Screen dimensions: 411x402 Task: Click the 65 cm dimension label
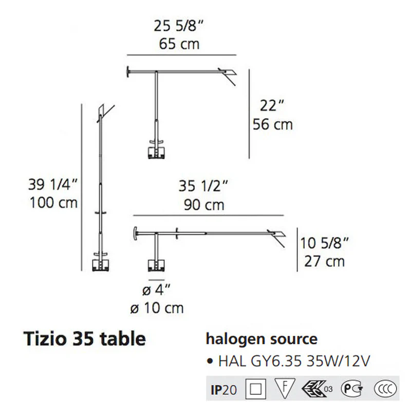click(179, 44)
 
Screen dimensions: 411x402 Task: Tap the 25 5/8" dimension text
click(178, 26)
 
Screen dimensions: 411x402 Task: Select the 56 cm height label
click(273, 124)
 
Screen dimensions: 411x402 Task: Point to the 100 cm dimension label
click(54, 203)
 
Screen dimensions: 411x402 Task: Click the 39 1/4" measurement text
click(53, 185)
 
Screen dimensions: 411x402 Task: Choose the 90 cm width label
click(204, 205)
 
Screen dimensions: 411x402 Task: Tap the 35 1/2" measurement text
click(203, 186)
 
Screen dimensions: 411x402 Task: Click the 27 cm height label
click(325, 262)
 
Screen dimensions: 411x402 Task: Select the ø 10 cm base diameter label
click(157, 308)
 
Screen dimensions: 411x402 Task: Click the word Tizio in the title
click(45, 339)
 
